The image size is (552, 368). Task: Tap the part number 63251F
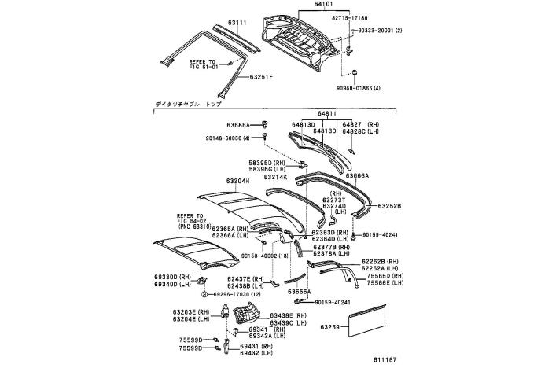tap(262, 77)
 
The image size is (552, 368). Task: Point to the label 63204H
tap(237, 181)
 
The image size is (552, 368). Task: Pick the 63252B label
tap(388, 206)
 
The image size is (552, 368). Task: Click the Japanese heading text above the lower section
tap(186, 104)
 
